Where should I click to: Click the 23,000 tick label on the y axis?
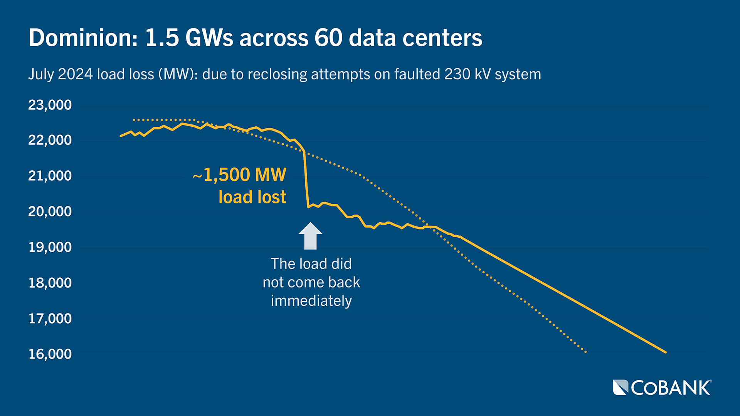(x=50, y=105)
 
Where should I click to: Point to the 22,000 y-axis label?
(x=50, y=140)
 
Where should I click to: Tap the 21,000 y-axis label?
(x=50, y=176)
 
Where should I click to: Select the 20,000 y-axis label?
(x=50, y=211)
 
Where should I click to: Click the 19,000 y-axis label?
(x=50, y=247)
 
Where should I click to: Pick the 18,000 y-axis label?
(x=50, y=283)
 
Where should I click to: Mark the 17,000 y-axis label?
(x=50, y=318)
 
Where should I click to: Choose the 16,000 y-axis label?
(x=50, y=354)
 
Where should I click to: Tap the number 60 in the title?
(x=328, y=38)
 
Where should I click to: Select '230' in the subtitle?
(x=457, y=74)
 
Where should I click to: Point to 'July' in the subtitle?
(x=41, y=74)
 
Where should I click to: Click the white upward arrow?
(x=310, y=236)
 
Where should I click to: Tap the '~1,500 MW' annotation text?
(x=240, y=175)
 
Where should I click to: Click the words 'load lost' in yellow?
(x=252, y=197)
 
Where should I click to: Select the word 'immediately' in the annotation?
(x=311, y=301)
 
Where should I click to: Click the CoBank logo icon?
(x=621, y=387)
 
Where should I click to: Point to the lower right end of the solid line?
(x=665, y=352)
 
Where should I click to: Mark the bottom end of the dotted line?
(x=586, y=352)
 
